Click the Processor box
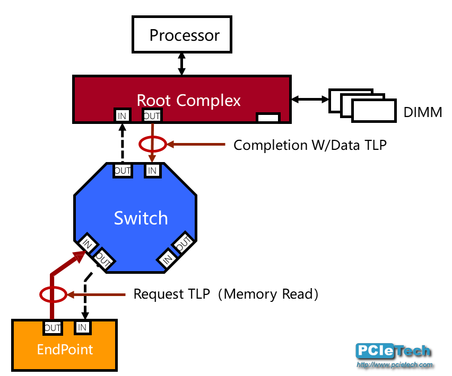coord(182,35)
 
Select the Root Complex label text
coord(188,100)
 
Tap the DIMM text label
coord(423,112)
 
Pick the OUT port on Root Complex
coord(152,115)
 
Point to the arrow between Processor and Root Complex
coord(182,64)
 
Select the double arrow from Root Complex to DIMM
coord(310,99)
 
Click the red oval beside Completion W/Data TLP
coord(152,144)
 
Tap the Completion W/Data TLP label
coord(310,145)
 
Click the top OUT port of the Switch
coord(123,171)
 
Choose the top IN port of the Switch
coord(152,171)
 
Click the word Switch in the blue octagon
coord(141,218)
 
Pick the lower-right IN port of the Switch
coord(168,258)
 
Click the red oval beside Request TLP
coord(53,294)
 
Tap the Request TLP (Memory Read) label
coord(225,294)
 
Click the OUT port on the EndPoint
coord(53,328)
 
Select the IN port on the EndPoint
coord(82,328)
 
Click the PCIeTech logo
coord(393,353)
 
